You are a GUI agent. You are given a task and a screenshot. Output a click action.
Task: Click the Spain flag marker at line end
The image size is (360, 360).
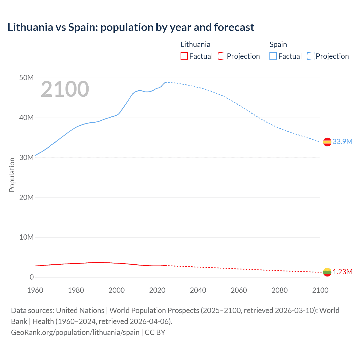click(x=327, y=142)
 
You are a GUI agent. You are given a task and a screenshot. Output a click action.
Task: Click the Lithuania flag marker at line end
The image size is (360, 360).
click(x=327, y=272)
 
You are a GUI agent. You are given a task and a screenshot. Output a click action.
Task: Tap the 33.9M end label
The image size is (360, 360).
click(x=342, y=141)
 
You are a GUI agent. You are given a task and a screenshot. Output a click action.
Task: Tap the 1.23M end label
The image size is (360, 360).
click(x=342, y=272)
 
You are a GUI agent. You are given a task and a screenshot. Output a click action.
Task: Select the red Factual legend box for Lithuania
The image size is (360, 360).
click(x=184, y=56)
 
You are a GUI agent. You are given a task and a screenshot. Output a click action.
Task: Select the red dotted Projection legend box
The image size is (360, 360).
click(x=222, y=56)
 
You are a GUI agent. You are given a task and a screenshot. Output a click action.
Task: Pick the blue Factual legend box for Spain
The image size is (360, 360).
click(x=273, y=56)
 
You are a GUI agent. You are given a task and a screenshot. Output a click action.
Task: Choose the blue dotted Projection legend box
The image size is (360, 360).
click(x=311, y=56)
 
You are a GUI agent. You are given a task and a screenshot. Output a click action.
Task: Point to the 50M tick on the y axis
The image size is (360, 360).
click(x=26, y=78)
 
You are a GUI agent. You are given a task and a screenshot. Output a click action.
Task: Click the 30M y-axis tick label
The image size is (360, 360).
click(x=26, y=157)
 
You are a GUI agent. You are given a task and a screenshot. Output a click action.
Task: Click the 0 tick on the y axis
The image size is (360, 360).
click(x=31, y=277)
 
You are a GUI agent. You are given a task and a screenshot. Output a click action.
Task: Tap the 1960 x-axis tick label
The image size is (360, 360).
click(x=35, y=290)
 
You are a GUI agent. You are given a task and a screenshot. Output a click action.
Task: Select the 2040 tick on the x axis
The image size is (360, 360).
click(x=198, y=290)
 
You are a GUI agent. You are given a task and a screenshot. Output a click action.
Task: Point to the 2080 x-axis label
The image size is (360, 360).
click(x=280, y=290)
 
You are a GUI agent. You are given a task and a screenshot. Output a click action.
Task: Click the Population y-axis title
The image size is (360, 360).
click(x=12, y=175)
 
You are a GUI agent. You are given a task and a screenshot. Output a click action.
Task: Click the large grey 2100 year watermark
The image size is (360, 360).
click(x=65, y=89)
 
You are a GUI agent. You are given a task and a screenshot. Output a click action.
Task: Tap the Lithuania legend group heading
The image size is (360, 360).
click(x=195, y=44)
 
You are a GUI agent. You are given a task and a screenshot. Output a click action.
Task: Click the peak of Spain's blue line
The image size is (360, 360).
click(x=166, y=82)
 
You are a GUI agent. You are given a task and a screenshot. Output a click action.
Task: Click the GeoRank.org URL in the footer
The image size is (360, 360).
click(x=75, y=332)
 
